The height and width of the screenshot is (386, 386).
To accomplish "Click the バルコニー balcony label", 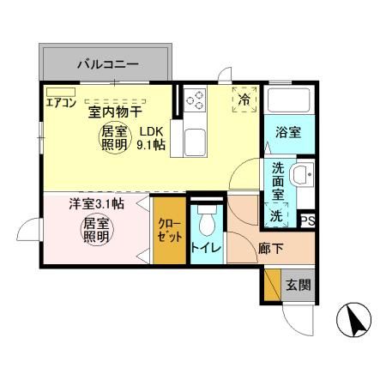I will coord(107,63).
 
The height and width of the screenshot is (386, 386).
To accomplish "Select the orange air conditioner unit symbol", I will coord(62,90).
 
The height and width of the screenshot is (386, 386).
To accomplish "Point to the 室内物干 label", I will coord(115,112).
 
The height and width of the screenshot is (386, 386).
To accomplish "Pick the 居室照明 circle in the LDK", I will coord(114,137).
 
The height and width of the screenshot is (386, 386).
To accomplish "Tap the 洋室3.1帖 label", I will coord(95,204).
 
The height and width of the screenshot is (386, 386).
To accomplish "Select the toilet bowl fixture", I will coord(206,222).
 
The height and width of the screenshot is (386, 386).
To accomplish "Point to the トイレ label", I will coord(206,249).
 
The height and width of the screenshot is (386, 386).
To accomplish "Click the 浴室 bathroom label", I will coord(287,133).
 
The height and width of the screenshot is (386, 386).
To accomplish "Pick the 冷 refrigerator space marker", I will coord(244,100).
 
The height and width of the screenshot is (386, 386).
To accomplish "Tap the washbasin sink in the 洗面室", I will coord(301,177).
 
